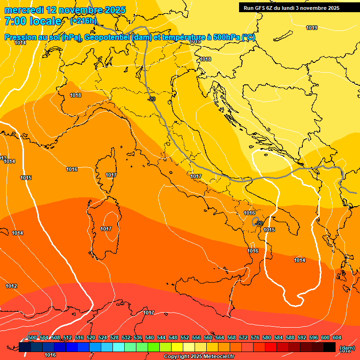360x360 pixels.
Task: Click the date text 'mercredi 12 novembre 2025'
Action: (65, 10)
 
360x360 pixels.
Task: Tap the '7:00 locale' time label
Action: (33, 21)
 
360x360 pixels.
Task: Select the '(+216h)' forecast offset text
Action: (83, 21)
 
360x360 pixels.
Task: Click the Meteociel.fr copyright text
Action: (199, 357)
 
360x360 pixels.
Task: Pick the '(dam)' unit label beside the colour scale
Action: (346, 347)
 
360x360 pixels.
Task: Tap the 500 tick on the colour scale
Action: (32, 337)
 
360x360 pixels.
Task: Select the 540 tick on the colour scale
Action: (150, 337)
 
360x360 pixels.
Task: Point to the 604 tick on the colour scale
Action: (337, 337)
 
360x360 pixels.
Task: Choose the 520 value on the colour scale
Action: (91, 337)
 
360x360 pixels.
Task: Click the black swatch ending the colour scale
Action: (330, 347)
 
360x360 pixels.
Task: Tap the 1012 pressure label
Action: (12, 286)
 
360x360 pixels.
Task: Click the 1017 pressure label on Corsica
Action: (111, 175)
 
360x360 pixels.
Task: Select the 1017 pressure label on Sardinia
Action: (106, 229)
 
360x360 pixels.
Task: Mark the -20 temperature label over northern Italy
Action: (151, 99)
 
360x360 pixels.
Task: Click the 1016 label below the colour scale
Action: (50, 355)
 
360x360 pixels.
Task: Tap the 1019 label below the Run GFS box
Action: (312, 28)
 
